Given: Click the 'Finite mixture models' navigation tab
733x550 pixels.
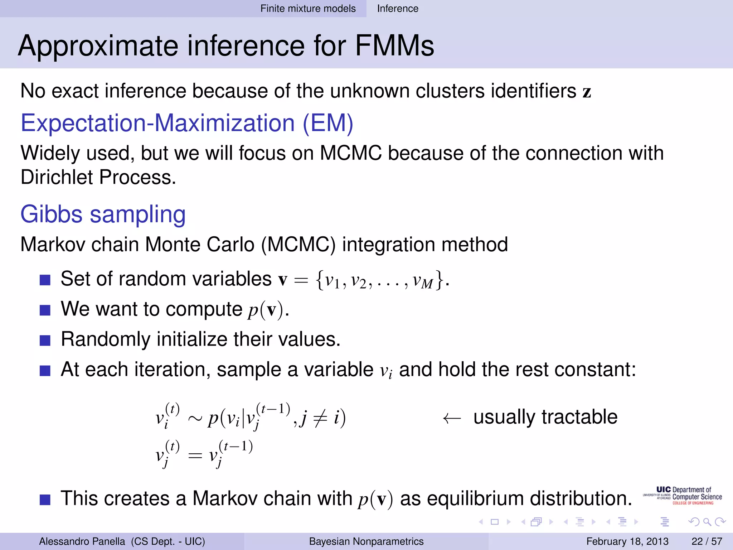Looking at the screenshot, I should pyautogui.click(x=308, y=9).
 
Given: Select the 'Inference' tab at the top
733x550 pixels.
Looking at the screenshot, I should pyautogui.click(x=397, y=9).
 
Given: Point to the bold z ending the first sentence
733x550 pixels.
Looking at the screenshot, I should pyautogui.click(x=587, y=92).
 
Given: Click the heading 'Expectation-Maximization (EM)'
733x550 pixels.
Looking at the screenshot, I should pyautogui.click(x=187, y=123).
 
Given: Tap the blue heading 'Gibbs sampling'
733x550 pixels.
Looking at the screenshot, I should pyautogui.click(x=103, y=214).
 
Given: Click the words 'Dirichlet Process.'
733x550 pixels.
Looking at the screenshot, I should pyautogui.click(x=98, y=177).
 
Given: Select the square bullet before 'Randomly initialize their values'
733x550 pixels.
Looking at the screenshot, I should pyautogui.click(x=45, y=340).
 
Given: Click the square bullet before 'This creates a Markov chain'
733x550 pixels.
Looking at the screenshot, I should pyautogui.click(x=45, y=499).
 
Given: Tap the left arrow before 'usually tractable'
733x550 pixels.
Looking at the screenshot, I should pyautogui.click(x=452, y=418).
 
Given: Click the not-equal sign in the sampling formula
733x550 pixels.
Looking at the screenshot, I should pyautogui.click(x=320, y=418).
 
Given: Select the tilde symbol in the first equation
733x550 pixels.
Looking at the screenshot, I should pyautogui.click(x=195, y=418).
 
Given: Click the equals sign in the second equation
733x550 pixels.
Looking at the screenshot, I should pyautogui.click(x=195, y=456).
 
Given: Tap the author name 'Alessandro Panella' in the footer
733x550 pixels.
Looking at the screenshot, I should pyautogui.click(x=82, y=541).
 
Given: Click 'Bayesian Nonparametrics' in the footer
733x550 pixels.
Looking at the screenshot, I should pyautogui.click(x=366, y=541).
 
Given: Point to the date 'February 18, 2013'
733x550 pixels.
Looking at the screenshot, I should pyautogui.click(x=627, y=541).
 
